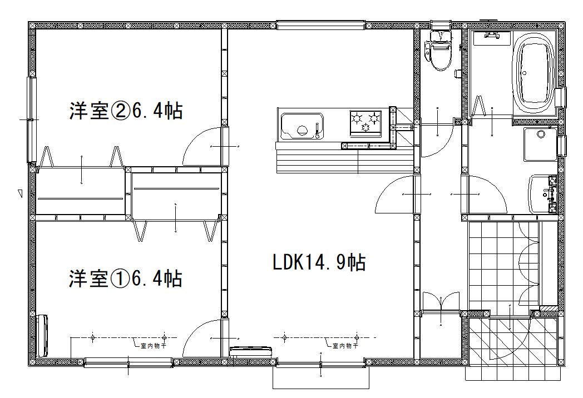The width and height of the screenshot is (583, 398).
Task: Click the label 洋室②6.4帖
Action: (x=126, y=111)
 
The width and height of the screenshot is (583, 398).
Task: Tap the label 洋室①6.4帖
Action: (x=126, y=278)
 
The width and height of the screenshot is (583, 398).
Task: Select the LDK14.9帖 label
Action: (x=319, y=262)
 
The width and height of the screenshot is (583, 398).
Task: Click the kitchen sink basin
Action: (x=302, y=125)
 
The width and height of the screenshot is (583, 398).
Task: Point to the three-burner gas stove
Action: (x=365, y=122)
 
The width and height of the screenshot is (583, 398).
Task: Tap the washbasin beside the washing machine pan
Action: (x=543, y=195)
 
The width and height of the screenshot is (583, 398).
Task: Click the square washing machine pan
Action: (x=540, y=144)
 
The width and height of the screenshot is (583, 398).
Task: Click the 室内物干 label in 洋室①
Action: (x=153, y=346)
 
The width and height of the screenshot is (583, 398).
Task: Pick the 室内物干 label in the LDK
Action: (x=345, y=346)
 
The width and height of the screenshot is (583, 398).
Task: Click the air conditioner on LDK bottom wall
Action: (x=250, y=351)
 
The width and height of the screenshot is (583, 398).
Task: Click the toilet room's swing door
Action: (x=436, y=141)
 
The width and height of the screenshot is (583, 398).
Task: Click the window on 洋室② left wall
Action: (x=32, y=120)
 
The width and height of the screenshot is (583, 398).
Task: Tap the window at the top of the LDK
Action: (x=320, y=25)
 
